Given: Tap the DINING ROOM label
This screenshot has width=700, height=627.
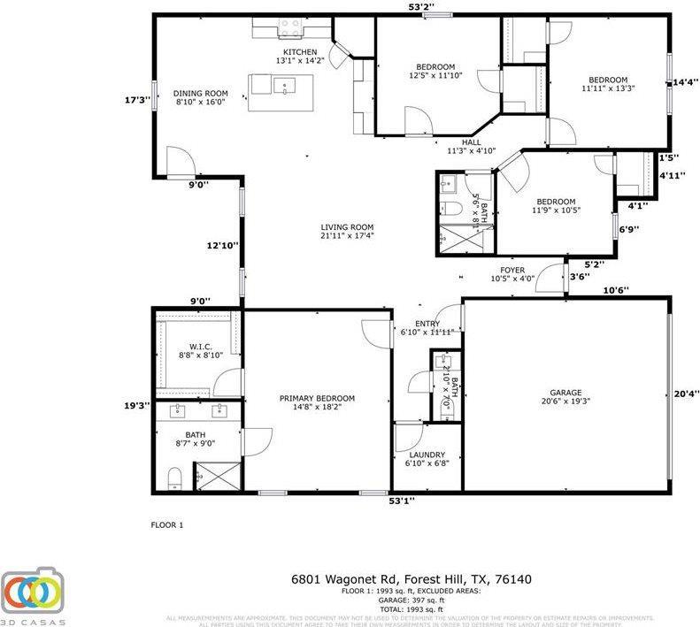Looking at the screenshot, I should (200, 94).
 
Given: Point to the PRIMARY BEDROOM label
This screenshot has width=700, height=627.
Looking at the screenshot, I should (317, 398).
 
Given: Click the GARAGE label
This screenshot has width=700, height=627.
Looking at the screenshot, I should (565, 393).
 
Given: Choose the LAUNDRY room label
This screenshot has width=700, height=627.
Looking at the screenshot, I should (427, 455).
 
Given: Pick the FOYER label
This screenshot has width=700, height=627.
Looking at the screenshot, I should (512, 270).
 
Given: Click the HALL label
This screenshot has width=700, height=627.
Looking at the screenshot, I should (471, 141).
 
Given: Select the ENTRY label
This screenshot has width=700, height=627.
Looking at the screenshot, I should (415, 324).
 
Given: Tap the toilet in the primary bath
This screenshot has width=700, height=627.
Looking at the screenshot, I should (174, 478).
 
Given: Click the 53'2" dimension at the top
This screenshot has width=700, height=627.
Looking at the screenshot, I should (420, 7).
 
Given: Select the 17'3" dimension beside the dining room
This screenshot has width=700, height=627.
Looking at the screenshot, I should (135, 101).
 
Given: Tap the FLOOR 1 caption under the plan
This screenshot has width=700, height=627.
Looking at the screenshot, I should (166, 525).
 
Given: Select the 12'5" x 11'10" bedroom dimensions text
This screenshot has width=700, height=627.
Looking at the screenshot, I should (435, 76).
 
